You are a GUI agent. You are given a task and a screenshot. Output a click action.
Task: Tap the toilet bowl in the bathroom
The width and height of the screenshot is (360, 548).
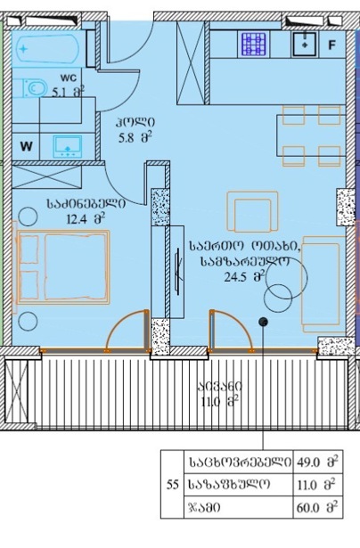pos(35,87)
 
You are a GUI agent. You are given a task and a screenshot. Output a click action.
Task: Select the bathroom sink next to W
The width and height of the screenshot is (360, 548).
pos(68,146)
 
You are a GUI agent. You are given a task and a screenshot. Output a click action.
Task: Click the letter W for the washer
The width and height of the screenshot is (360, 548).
pos(27,146)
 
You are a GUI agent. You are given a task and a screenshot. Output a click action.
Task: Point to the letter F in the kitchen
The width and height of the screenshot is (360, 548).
pos(331,45)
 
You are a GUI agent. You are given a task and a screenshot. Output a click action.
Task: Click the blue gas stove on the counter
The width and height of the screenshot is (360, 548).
pos(254,45)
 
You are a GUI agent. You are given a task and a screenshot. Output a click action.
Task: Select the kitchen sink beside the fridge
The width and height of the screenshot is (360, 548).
pos(305,44)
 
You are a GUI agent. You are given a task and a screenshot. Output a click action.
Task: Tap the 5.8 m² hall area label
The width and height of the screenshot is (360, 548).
pos(135,138)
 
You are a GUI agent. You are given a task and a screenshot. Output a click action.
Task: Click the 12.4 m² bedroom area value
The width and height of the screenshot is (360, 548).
pos(86,219)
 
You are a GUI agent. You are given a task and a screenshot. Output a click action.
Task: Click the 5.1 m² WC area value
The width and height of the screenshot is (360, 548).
pos(68,93)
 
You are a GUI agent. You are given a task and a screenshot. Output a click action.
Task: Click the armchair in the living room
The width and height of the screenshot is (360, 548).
pos(252,212)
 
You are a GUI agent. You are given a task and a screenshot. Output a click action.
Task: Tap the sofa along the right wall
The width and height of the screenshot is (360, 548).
pos(323,284)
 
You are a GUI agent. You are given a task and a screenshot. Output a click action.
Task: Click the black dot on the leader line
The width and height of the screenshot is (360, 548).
pos(263,322)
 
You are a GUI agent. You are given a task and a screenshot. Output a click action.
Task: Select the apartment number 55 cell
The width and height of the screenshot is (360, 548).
pos(172,485)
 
